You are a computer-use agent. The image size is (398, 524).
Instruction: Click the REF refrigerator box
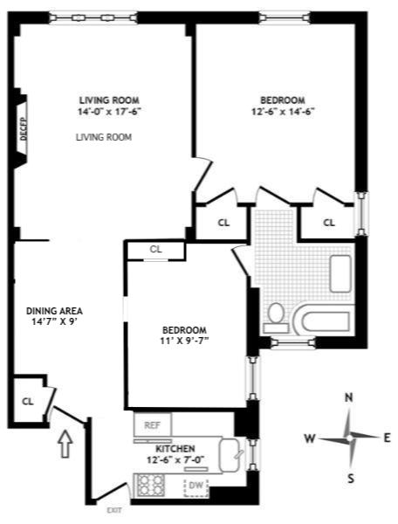coord(152,425)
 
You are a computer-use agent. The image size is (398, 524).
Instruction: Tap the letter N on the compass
coord(349,398)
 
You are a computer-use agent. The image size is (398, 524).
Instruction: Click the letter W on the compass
coord(310,438)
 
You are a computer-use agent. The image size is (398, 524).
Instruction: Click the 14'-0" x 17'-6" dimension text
coord(109,111)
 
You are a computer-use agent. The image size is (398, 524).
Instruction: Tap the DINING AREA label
coord(54,310)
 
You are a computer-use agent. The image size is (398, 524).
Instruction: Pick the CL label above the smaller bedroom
coord(156,249)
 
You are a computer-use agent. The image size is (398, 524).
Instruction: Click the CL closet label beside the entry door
coord(27,402)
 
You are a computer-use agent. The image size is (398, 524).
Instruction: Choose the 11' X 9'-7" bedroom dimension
coord(184,341)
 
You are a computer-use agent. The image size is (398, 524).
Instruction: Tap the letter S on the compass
coord(351,478)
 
